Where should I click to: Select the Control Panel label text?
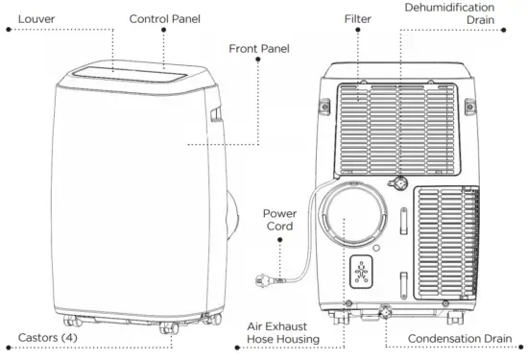coord(164,18)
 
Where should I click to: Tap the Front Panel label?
coord(259,48)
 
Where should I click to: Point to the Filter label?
coord(358,18)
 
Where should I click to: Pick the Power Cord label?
coord(279,220)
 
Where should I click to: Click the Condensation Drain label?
coord(457,339)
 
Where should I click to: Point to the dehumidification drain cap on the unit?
coord(395,181)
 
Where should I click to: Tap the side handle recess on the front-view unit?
coord(214,116)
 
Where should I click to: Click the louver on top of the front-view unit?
coord(108,71)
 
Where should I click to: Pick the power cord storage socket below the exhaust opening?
coord(361,274)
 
